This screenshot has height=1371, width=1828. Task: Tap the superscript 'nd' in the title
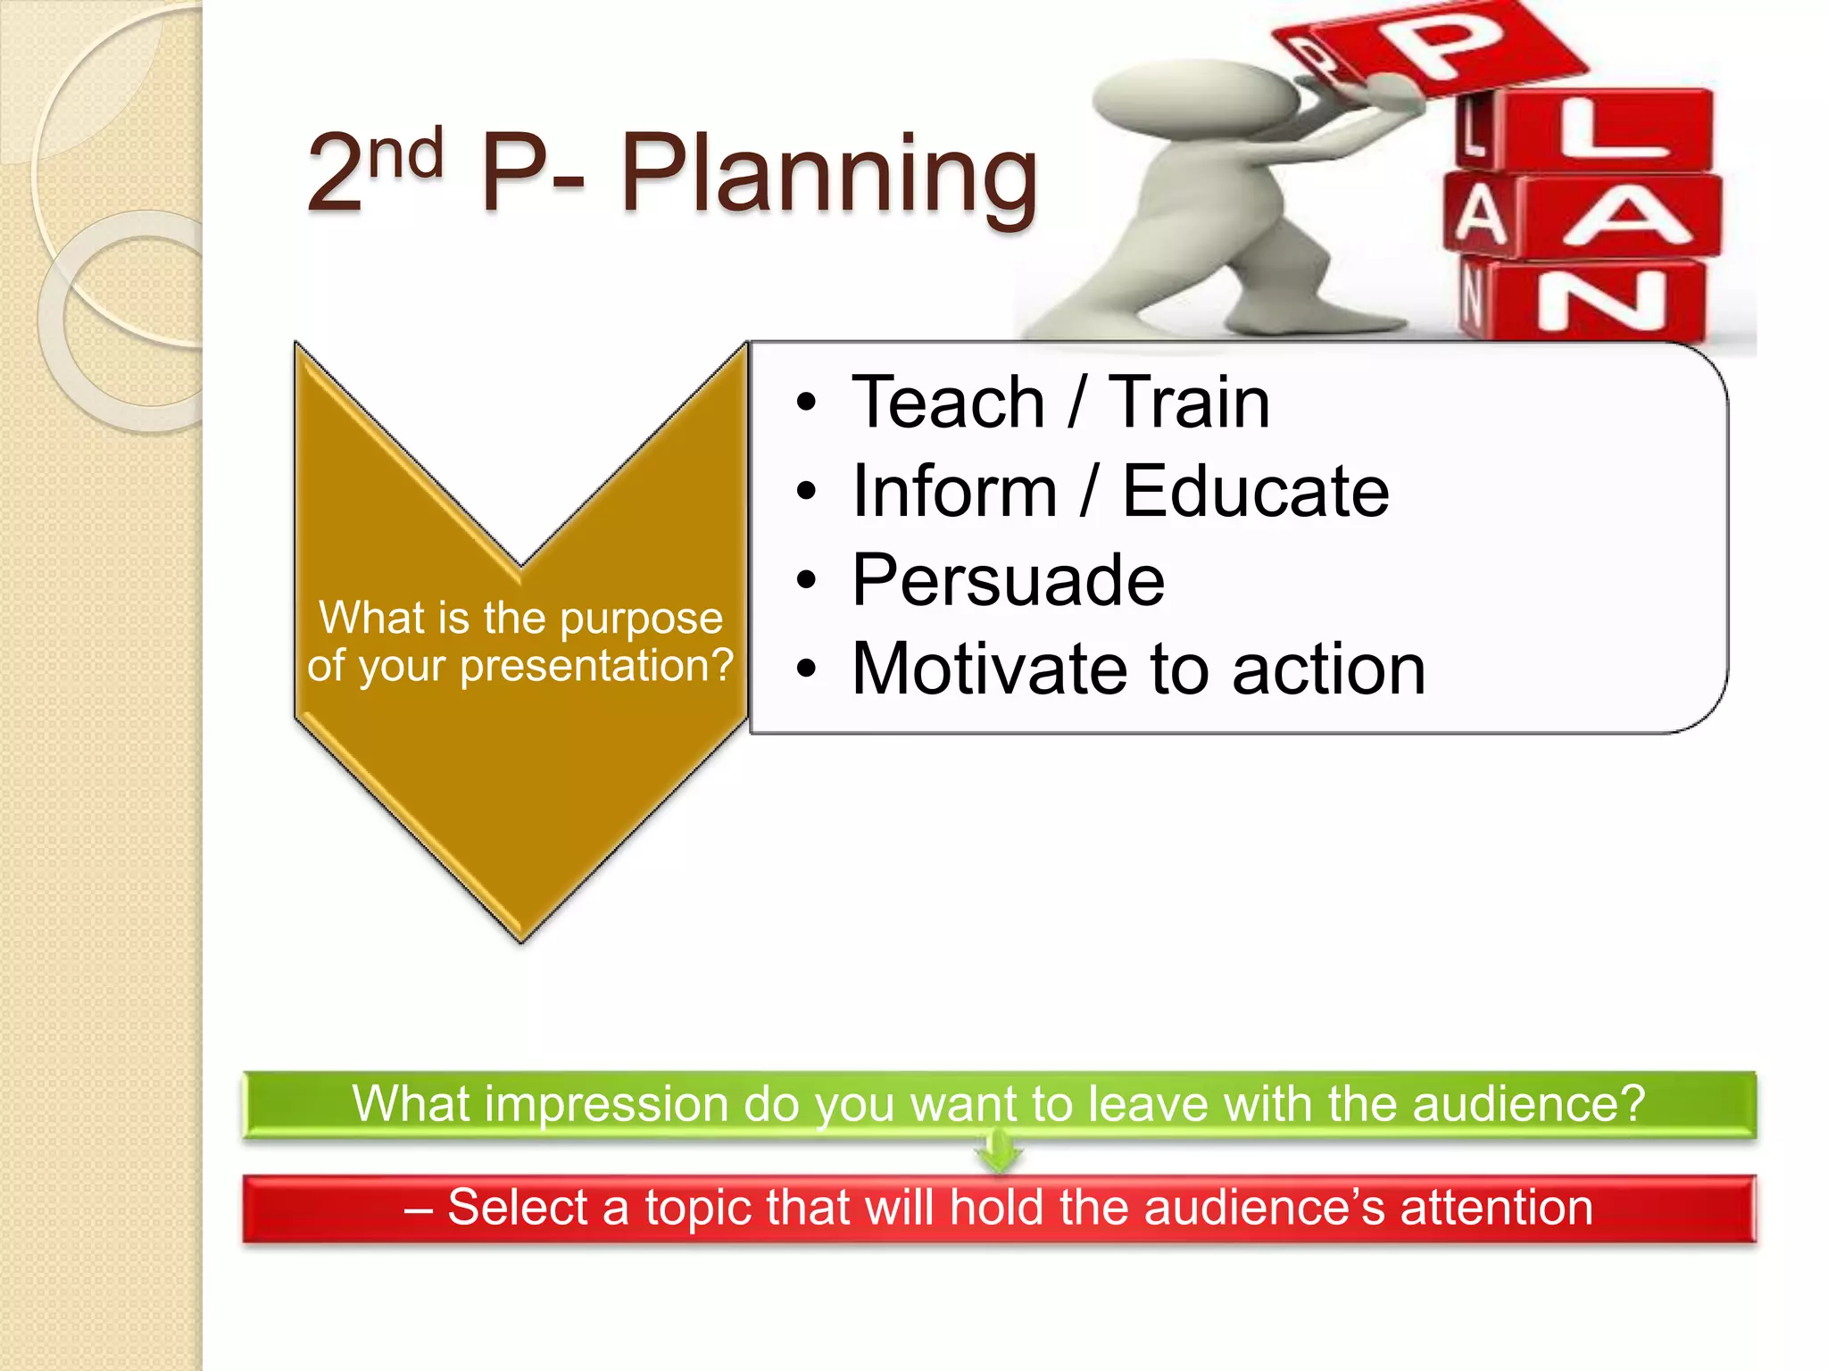click(406, 154)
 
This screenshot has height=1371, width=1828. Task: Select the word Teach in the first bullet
click(948, 403)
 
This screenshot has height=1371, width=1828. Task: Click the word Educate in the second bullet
click(1255, 492)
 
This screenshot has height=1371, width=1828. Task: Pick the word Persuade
click(1008, 581)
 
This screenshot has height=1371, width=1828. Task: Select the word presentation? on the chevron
click(596, 667)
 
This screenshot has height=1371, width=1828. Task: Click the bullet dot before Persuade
click(807, 582)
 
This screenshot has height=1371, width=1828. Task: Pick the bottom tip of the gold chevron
click(521, 939)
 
